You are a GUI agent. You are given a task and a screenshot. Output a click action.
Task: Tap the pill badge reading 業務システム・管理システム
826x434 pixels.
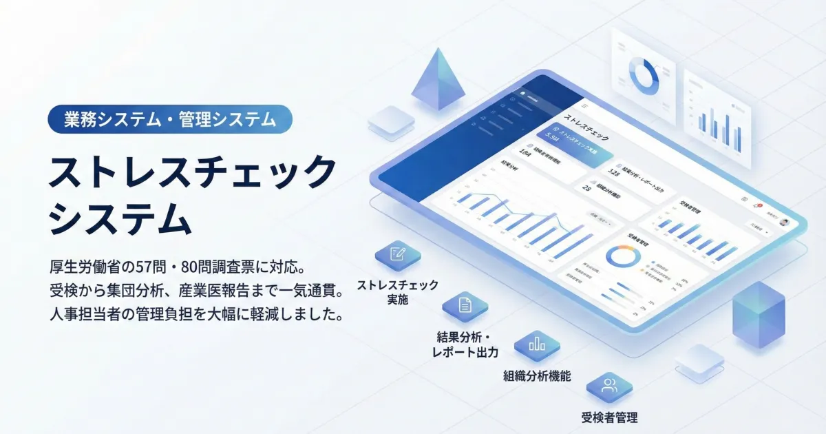170,119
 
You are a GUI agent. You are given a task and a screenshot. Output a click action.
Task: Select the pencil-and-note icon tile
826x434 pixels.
397,255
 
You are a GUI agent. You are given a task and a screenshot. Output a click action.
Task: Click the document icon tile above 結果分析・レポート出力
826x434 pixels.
465,305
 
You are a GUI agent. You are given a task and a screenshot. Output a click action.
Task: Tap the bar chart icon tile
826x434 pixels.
537,344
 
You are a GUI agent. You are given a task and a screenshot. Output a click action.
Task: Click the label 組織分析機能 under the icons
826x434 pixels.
537,376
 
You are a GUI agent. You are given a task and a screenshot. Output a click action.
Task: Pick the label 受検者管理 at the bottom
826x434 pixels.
609,417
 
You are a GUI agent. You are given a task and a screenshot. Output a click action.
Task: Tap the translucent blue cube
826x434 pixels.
759,313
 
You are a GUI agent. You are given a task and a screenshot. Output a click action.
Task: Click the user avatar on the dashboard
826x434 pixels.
784,222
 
